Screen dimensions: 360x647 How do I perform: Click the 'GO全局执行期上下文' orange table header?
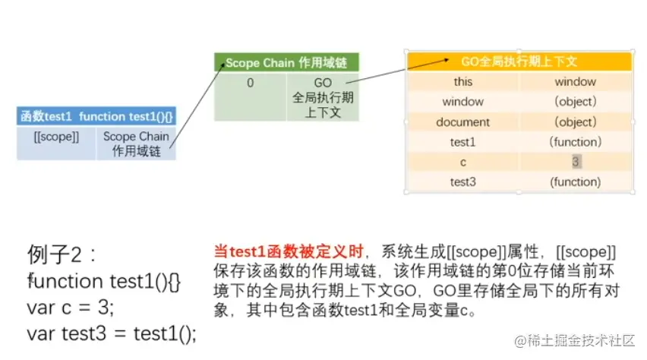click(519, 62)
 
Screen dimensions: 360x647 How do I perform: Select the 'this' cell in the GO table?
click(462, 81)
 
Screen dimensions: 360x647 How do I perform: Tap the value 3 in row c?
click(576, 162)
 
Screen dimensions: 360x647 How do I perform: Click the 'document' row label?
click(462, 122)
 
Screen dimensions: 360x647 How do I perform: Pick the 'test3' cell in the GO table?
click(462, 182)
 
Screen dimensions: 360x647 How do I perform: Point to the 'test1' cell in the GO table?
click(462, 141)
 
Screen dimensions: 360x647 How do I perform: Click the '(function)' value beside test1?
click(575, 141)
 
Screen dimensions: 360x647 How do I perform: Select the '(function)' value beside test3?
click(575, 182)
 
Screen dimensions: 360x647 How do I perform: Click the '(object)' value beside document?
click(575, 122)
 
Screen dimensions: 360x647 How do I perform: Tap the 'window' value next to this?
click(575, 81)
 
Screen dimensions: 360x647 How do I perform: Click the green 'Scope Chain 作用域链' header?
click(286, 63)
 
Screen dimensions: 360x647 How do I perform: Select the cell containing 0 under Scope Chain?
click(250, 82)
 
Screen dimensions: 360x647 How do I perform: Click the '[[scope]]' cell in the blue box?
click(56, 137)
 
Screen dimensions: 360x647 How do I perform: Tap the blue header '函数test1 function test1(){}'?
click(96, 116)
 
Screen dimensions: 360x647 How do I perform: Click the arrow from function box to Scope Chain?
click(192, 102)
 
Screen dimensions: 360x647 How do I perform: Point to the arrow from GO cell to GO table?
click(375, 71)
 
